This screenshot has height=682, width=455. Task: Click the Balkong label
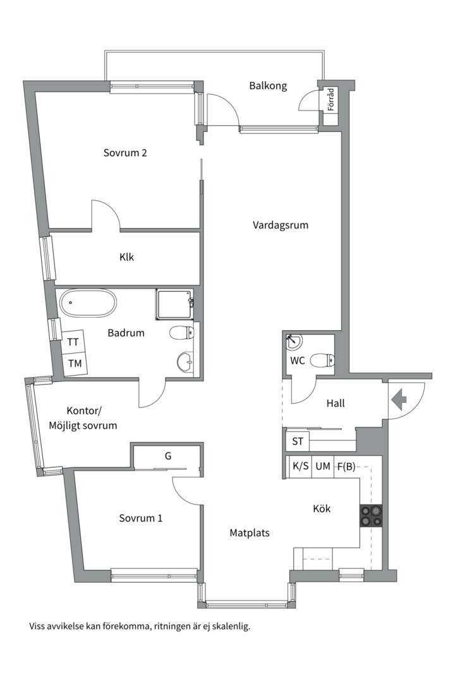pyautogui.click(x=268, y=86)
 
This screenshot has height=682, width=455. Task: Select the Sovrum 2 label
pyautogui.click(x=125, y=153)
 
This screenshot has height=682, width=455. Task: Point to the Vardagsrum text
pyautogui.click(x=281, y=225)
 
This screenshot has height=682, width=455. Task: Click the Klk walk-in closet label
pyautogui.click(x=126, y=257)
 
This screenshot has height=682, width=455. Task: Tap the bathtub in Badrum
pyautogui.click(x=88, y=302)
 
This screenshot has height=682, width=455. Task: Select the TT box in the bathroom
pyautogui.click(x=73, y=342)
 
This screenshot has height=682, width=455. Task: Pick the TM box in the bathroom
pyautogui.click(x=75, y=362)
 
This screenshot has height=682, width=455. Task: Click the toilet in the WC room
pyautogui.click(x=322, y=360)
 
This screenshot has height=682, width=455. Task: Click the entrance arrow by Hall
pyautogui.click(x=399, y=400)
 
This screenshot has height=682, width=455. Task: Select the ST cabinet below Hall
pyautogui.click(x=298, y=441)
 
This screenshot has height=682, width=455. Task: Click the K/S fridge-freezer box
pyautogui.click(x=300, y=466)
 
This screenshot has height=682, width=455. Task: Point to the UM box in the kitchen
pyautogui.click(x=323, y=466)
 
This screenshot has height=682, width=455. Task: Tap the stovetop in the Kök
pyautogui.click(x=371, y=516)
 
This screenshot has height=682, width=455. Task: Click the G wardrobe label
pyautogui.click(x=168, y=456)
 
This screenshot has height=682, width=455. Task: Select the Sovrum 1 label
pyautogui.click(x=141, y=518)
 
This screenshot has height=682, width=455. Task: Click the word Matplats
pyautogui.click(x=250, y=533)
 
